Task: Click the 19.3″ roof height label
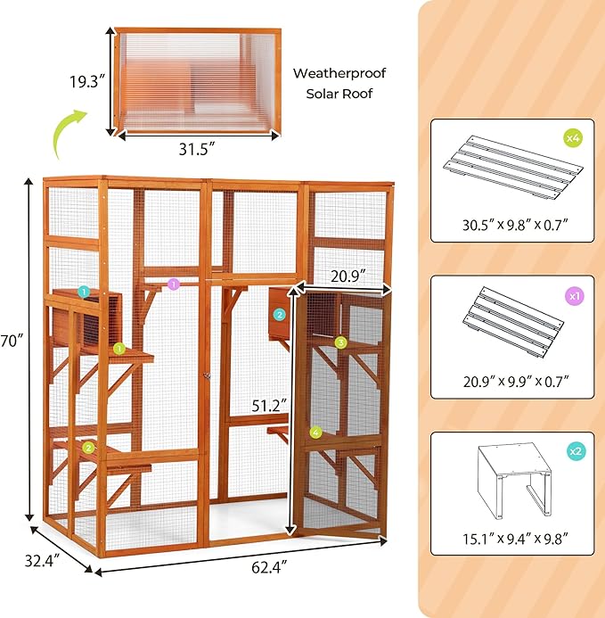(x=87, y=80)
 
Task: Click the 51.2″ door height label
(x=270, y=405)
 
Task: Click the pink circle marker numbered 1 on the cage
(x=174, y=284)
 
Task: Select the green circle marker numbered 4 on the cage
(x=315, y=433)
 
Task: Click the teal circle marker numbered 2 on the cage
(x=279, y=314)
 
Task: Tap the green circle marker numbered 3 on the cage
(x=340, y=342)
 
